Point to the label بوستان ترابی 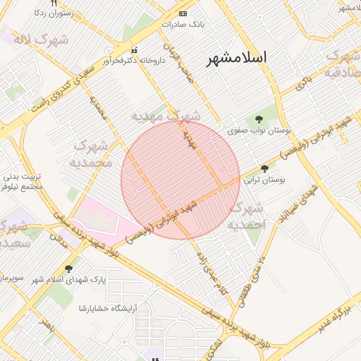(264, 181)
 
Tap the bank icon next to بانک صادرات (183, 13)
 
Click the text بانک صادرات (183, 25)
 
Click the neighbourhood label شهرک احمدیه (247, 216)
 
